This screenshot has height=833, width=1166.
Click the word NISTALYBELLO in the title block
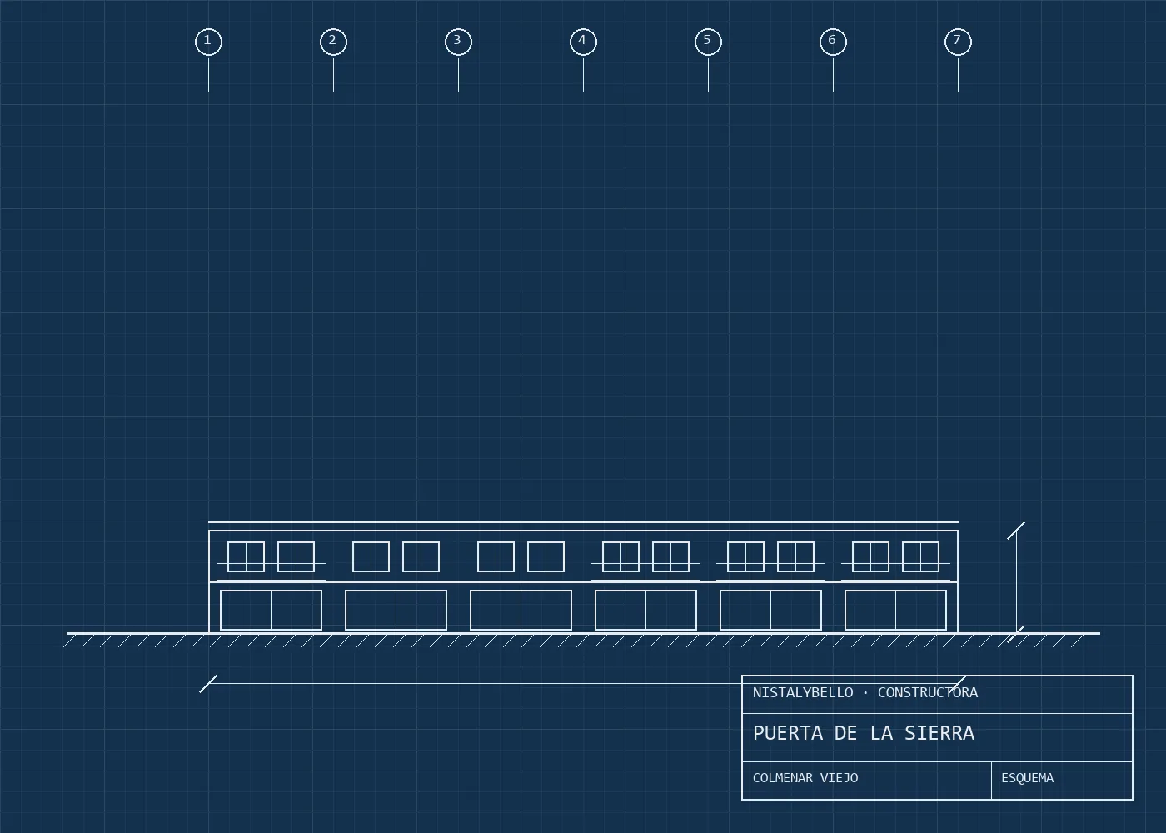click(x=803, y=693)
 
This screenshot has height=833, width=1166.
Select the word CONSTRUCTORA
click(x=928, y=693)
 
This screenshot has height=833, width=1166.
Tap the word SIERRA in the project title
click(x=939, y=733)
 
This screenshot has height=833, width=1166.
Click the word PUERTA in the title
click(x=788, y=733)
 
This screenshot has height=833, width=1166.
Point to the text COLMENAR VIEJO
click(x=805, y=778)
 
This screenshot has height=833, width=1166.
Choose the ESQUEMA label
click(x=1027, y=778)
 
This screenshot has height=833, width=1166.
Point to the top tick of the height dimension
click(x=1015, y=531)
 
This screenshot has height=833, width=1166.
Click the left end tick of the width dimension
click(x=208, y=684)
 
